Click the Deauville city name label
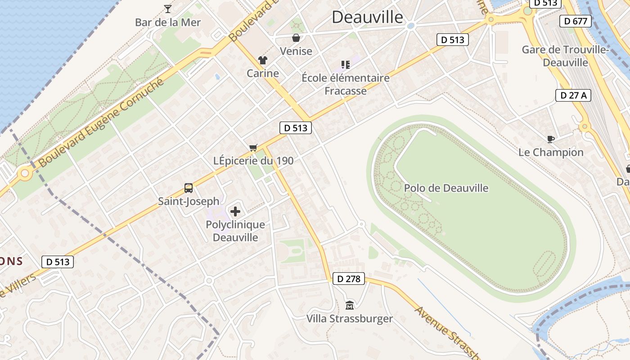[x=368, y=17]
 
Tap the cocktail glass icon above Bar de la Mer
[x=168, y=9]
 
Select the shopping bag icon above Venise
[x=296, y=38]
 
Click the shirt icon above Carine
[x=263, y=60]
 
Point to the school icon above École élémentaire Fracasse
[x=345, y=65]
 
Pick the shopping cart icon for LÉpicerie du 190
[x=253, y=148]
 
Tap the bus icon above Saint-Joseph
[x=189, y=188]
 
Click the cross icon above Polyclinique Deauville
[x=235, y=211]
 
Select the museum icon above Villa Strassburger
[x=350, y=306]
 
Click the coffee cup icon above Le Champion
[x=550, y=139]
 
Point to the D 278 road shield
[x=349, y=279]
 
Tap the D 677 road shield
[x=575, y=21]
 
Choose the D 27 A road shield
[x=573, y=95]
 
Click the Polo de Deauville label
[x=446, y=188]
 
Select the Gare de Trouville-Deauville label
[x=565, y=56]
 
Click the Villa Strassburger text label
[x=350, y=319]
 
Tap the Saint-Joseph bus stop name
[x=189, y=201]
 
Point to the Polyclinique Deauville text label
[x=235, y=231]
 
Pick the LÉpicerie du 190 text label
[x=253, y=161]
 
